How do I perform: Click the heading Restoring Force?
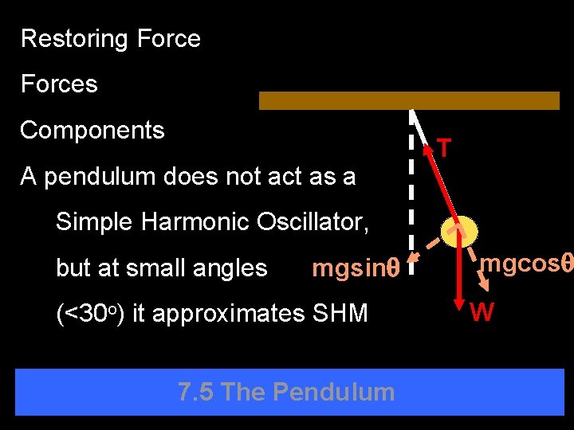tap(110, 38)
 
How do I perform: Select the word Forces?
tap(59, 84)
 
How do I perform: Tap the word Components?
tap(92, 131)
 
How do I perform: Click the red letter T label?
tap(444, 148)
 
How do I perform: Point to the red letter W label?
tap(482, 312)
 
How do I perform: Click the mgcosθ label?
tap(527, 264)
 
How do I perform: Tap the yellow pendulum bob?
tap(461, 232)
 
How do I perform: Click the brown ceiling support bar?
tap(409, 100)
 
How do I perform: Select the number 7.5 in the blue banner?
tap(195, 392)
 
